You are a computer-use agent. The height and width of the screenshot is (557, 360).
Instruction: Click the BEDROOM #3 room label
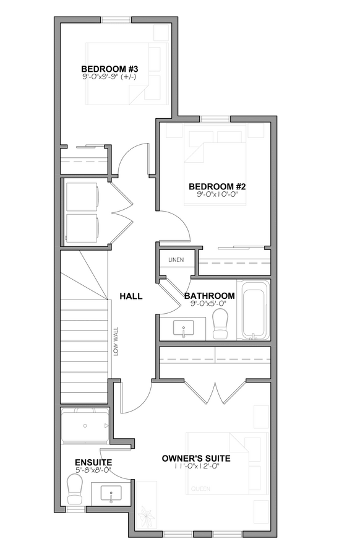tap(109, 69)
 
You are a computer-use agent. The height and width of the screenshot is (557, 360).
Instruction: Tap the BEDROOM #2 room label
tap(217, 186)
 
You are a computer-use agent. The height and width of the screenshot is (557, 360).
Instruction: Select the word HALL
tap(131, 296)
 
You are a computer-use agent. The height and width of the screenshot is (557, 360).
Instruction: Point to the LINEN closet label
tap(176, 260)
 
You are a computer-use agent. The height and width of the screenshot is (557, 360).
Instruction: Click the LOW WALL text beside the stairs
tap(116, 342)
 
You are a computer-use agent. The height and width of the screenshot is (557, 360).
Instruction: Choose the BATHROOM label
tap(210, 296)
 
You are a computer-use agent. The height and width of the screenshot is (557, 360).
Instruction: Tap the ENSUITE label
tap(93, 462)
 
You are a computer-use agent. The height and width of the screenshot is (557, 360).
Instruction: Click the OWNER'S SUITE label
tap(196, 459)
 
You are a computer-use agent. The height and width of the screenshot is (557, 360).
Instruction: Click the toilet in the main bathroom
tap(220, 323)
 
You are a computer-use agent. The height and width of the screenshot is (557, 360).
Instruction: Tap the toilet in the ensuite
tap(75, 489)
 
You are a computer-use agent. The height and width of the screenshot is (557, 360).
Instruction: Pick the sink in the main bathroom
tap(184, 328)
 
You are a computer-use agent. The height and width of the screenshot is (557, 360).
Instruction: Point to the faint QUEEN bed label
tap(200, 489)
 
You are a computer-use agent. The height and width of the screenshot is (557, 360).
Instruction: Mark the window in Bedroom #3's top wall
tap(117, 20)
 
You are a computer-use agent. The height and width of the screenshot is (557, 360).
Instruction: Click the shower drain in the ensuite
tap(85, 426)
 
